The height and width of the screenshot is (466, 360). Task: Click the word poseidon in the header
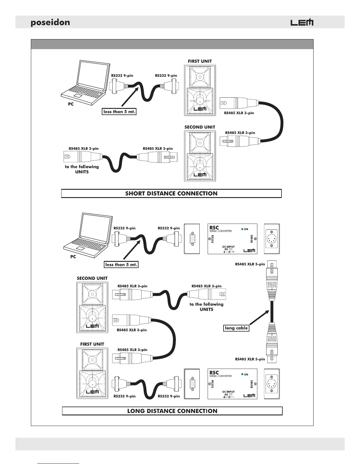point(50,23)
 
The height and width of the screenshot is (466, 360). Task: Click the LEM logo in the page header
point(302,23)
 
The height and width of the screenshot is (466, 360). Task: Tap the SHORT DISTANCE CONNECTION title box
point(171,194)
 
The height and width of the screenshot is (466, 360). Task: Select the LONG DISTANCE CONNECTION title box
point(172,411)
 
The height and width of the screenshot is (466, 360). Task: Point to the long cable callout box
point(236,328)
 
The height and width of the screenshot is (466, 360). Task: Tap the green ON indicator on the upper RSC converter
point(242,229)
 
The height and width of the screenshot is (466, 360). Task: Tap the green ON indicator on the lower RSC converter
point(242,374)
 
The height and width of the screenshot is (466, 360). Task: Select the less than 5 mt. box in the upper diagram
point(119,112)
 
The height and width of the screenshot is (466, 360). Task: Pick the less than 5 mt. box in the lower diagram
point(121,264)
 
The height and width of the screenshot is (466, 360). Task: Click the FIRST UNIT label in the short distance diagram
point(200,61)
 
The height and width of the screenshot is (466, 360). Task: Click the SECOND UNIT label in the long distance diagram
point(92,278)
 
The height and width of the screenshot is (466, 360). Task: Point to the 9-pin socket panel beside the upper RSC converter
point(192,239)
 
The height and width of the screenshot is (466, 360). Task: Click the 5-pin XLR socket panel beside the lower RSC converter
point(272,384)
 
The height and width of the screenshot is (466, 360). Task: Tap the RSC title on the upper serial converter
point(214,227)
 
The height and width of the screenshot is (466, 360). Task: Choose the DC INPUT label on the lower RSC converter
point(229,392)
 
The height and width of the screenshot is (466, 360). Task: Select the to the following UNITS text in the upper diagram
point(82,169)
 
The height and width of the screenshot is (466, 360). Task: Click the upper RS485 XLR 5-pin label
point(250,264)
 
